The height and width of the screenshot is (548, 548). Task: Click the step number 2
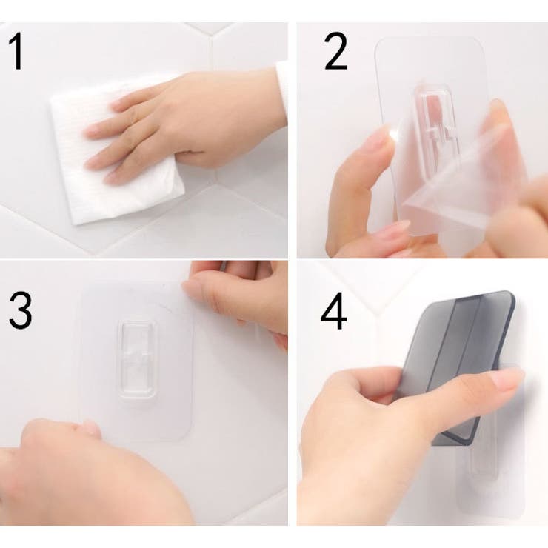(x=335, y=52)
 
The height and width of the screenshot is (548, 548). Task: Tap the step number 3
(x=20, y=310)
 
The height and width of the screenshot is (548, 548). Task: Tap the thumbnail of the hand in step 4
(x=507, y=379)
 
